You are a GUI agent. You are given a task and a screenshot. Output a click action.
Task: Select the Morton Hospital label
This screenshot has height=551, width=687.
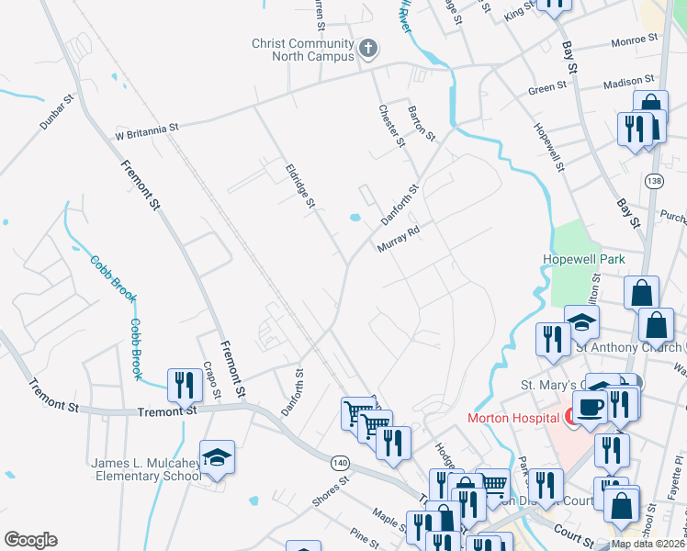coord(513,417)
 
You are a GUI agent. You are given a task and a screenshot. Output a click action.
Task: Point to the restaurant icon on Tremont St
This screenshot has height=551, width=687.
coord(185,387)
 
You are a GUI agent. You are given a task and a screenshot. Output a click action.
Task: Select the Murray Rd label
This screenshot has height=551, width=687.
coord(398,242)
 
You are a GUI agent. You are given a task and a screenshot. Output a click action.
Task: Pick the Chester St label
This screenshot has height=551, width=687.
coord(391,125)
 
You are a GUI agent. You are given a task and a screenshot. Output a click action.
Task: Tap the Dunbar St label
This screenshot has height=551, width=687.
coord(56,111)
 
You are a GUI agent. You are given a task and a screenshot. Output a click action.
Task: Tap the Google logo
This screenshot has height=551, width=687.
coord(30,540)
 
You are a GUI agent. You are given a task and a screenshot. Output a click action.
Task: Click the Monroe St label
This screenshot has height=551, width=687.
coord(636,40)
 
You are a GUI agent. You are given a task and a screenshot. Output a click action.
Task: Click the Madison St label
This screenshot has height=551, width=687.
coord(625,84)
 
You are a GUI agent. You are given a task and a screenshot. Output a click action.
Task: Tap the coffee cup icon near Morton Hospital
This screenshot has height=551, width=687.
coord(588,407)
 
